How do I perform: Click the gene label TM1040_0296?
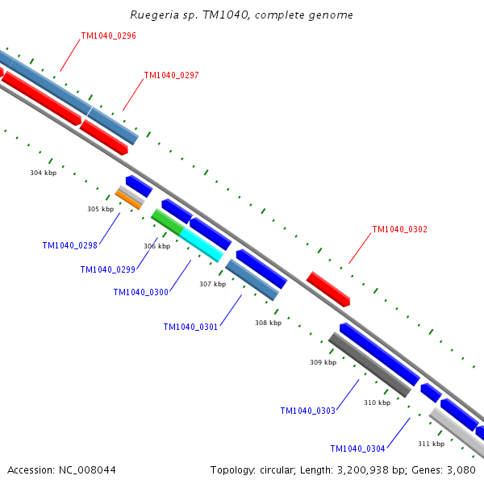[108, 36]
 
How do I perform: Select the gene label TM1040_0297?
[171, 76]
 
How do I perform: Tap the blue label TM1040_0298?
[69, 245]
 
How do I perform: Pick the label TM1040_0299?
[107, 269]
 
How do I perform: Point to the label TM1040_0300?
[140, 292]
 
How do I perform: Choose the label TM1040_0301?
[190, 327]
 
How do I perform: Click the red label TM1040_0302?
[399, 229]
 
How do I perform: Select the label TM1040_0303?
[307, 411]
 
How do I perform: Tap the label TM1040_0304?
[357, 449]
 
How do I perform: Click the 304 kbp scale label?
[43, 173]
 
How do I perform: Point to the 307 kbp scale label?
[212, 284]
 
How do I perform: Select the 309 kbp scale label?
[323, 362]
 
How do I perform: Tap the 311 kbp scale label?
[431, 444]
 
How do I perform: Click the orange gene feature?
[128, 199]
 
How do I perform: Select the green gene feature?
[166, 221]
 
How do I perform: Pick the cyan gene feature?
[201, 244]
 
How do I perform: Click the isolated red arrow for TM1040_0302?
[328, 289]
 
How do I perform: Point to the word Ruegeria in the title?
[153, 15]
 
